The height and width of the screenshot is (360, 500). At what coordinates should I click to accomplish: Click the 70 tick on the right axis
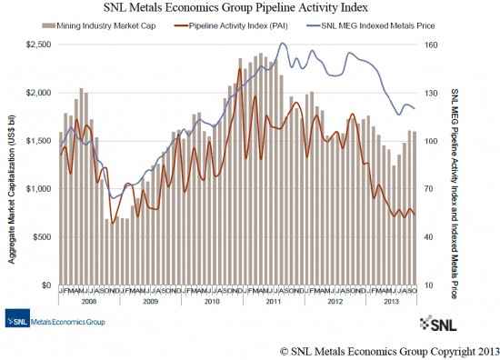point(430,189)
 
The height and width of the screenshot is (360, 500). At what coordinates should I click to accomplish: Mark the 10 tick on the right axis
point(430,285)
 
